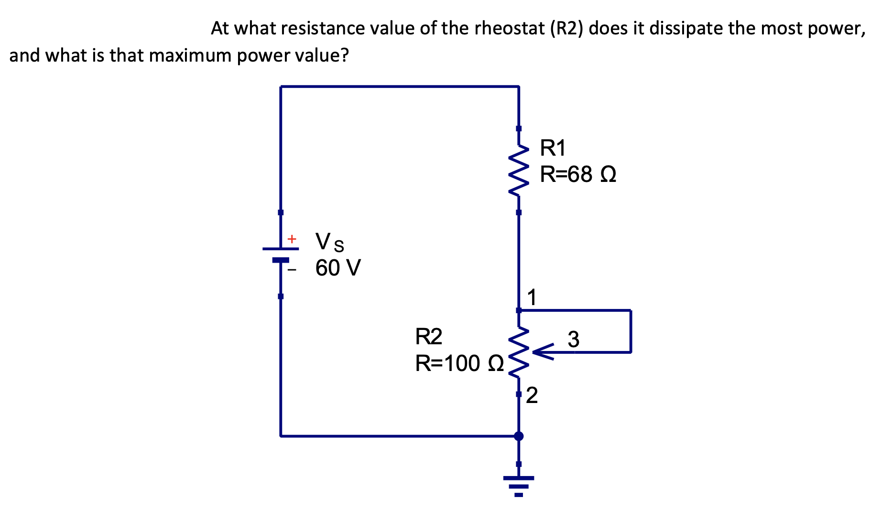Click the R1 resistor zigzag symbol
point(519,170)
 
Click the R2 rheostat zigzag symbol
point(519,352)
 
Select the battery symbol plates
point(281,254)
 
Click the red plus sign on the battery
point(292,238)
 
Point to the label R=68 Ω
point(577,174)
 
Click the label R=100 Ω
point(459,363)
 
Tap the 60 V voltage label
point(338,268)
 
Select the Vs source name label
point(329,242)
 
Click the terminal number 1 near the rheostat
point(532,297)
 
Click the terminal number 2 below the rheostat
point(532,395)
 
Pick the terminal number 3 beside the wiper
point(573,339)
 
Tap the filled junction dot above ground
point(519,436)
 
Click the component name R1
point(553,148)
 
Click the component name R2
point(428,337)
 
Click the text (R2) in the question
point(567,29)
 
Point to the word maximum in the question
point(190,56)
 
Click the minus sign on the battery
point(292,270)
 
